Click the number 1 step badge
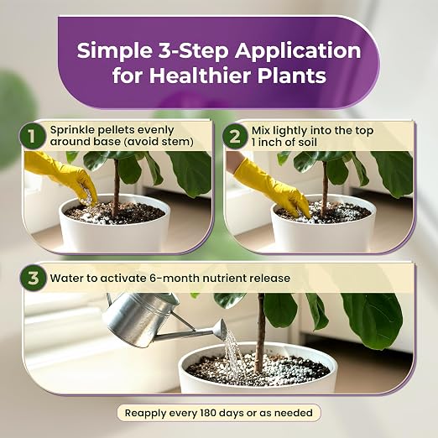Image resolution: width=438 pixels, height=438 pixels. point(32,137)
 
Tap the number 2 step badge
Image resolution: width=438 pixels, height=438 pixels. point(235,137)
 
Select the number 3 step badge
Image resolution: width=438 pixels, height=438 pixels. point(33,279)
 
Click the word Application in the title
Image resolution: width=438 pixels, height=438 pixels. point(298,52)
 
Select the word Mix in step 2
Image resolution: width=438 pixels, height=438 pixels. point(261,131)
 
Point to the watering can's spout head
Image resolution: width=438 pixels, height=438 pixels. point(221,329)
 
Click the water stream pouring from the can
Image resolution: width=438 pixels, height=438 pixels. point(234,354)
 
